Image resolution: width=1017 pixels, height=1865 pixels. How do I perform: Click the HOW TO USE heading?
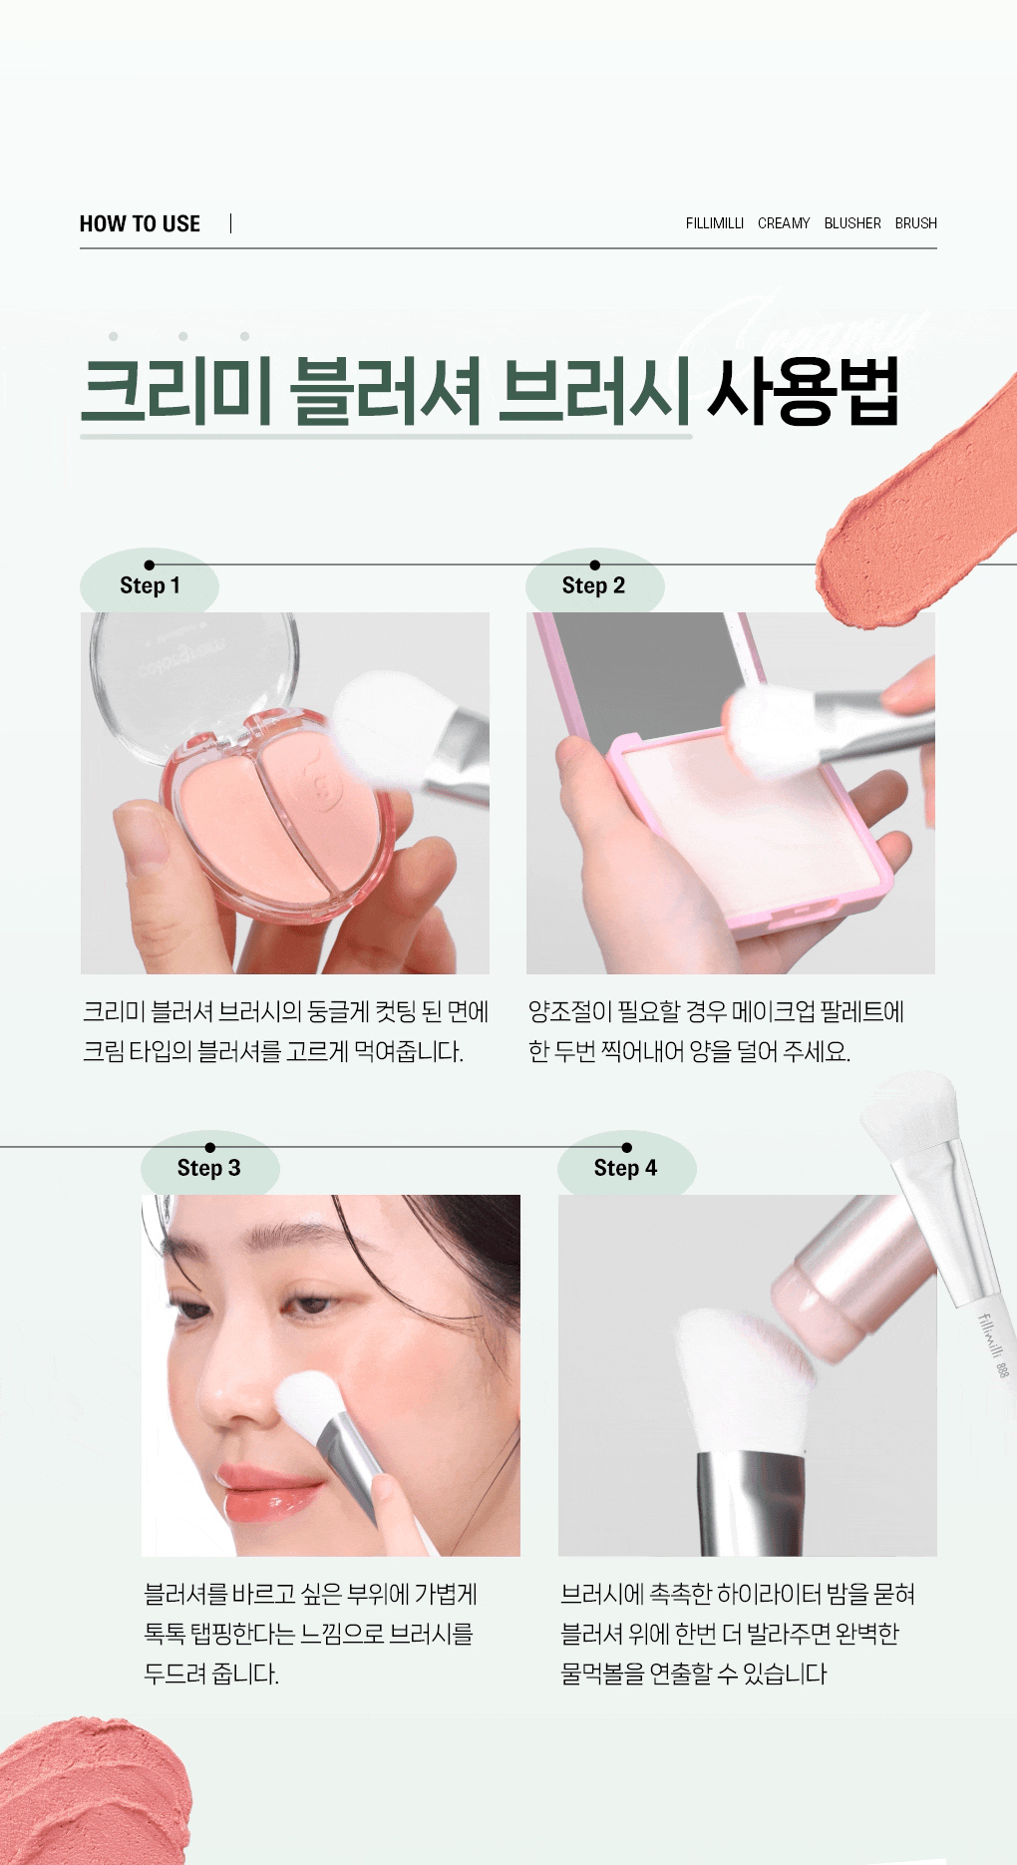[x=140, y=223]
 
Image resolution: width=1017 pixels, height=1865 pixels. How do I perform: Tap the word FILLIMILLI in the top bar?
[x=715, y=223]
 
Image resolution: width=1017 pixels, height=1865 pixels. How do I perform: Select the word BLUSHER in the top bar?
[x=852, y=223]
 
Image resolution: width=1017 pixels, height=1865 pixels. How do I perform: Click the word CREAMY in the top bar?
[x=784, y=223]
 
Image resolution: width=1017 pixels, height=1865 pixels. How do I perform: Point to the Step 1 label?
[x=150, y=585]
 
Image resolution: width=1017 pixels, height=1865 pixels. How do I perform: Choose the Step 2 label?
[x=593, y=585]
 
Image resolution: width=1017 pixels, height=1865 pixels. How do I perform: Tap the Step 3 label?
[x=208, y=1168]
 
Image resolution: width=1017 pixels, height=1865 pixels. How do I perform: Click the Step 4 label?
[x=625, y=1168]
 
